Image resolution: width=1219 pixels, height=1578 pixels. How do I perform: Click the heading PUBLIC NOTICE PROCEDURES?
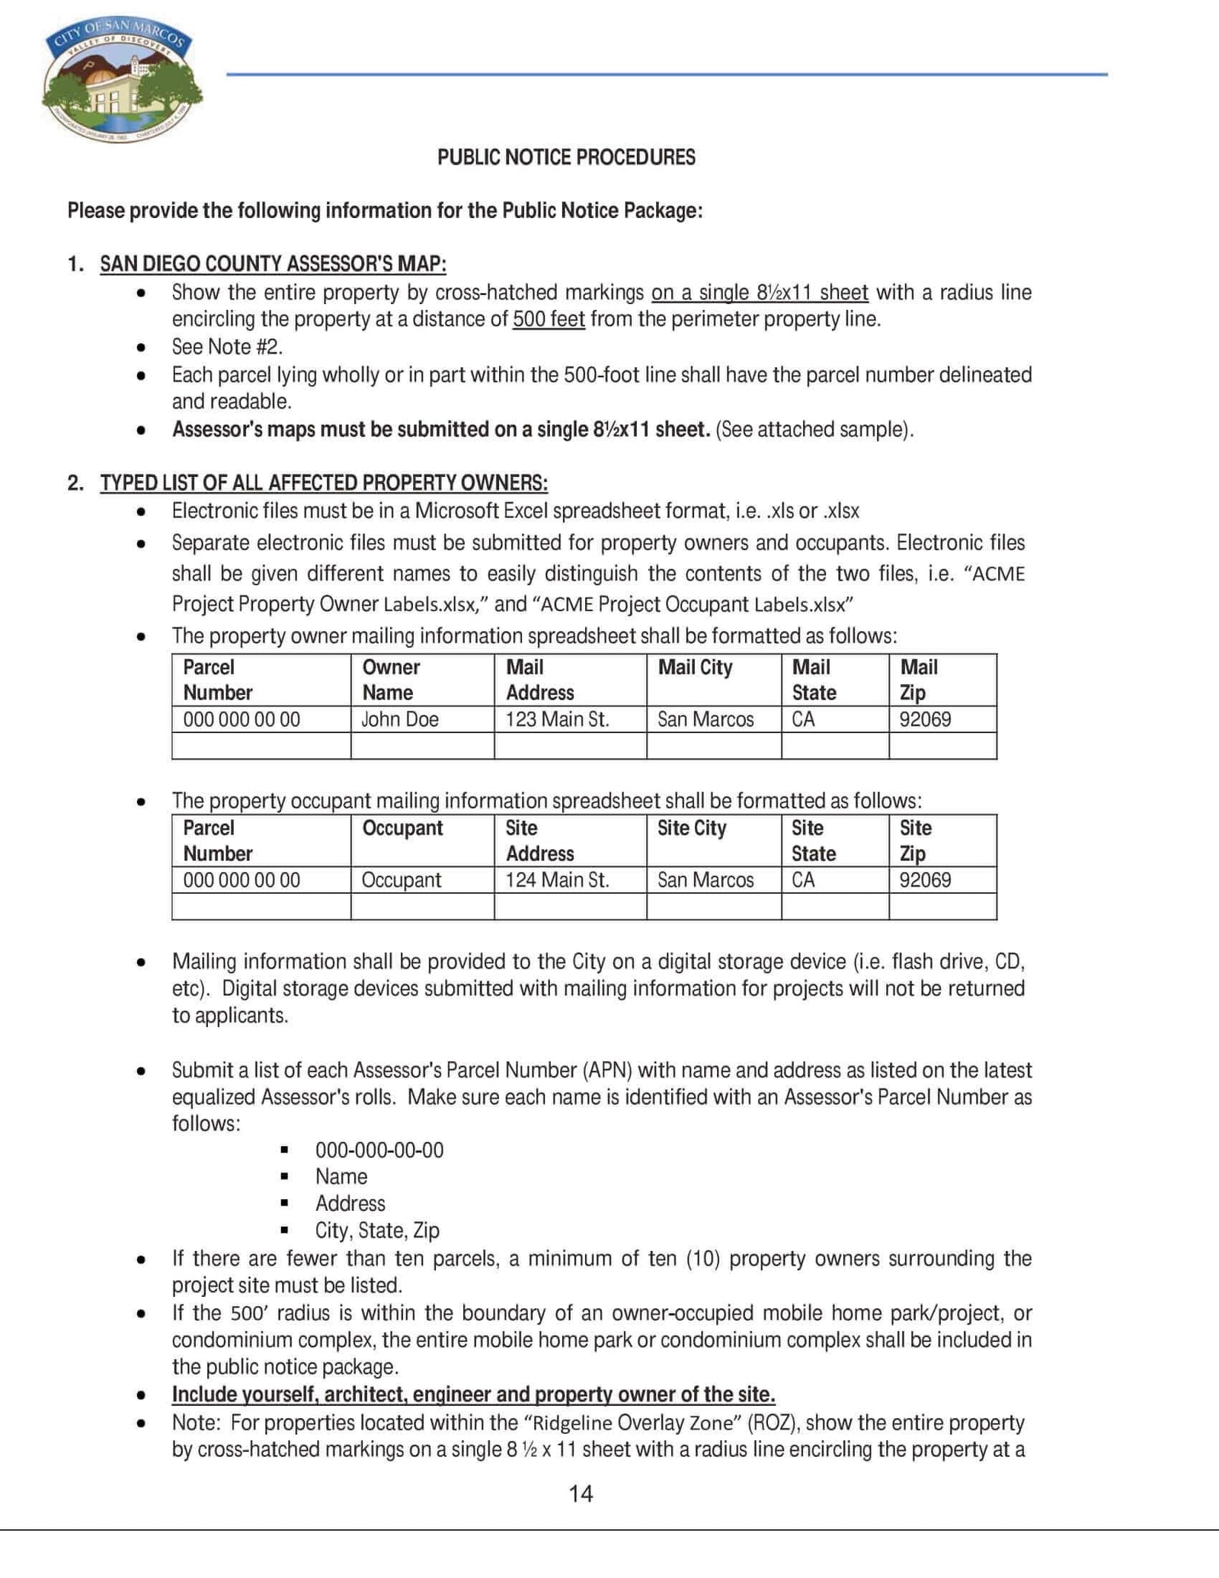point(566,157)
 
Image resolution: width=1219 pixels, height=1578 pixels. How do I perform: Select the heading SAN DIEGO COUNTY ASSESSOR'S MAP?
point(273,264)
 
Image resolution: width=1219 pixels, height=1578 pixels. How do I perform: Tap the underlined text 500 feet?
point(549,318)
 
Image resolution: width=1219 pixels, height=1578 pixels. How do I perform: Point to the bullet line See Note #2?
point(227,347)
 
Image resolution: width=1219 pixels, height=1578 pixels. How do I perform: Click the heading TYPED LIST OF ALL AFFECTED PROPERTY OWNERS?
point(324,483)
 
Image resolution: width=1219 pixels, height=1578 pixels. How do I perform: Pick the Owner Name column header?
point(390,680)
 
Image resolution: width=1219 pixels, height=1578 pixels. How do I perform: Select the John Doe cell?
point(399,719)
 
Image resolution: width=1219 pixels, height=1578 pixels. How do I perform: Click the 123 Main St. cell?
point(557,719)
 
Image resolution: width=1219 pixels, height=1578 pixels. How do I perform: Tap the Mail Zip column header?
point(919,680)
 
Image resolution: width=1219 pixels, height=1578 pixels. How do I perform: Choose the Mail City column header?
point(695,667)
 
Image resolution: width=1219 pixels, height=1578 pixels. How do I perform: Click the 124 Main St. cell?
point(557,880)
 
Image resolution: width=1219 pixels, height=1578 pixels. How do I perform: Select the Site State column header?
point(814,840)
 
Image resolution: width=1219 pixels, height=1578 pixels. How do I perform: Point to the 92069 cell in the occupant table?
point(925,880)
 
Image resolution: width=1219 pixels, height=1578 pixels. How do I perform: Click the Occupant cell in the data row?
point(401,880)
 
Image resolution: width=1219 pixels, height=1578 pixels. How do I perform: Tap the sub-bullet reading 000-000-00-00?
point(379,1150)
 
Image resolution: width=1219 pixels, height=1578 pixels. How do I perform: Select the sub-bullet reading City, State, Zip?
point(377,1230)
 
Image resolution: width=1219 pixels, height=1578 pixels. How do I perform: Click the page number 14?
point(581,1493)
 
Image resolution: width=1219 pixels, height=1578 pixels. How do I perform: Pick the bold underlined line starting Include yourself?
point(473,1394)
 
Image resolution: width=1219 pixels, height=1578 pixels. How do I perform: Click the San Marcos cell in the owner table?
point(705,719)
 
